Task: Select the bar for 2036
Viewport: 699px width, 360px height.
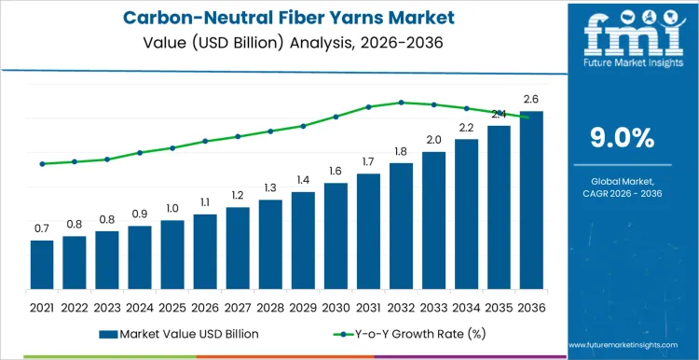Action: coord(531,201)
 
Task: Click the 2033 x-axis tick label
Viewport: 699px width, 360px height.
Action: coord(433,307)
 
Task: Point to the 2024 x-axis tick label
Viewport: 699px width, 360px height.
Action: coord(140,307)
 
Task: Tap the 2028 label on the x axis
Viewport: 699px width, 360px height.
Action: coord(270,307)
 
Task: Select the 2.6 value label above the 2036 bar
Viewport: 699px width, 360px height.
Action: coord(531,99)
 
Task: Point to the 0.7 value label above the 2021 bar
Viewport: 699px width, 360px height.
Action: coord(42,228)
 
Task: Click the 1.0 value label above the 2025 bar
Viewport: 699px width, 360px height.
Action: coord(172,208)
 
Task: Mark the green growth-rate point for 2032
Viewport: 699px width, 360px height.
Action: coord(401,103)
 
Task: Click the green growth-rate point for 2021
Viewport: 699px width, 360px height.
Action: coord(42,164)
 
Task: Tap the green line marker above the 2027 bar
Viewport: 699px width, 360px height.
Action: coord(238,136)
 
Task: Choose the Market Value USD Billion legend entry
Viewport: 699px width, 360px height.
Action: coord(178,333)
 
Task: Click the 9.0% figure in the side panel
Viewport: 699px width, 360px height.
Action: coord(623,138)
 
